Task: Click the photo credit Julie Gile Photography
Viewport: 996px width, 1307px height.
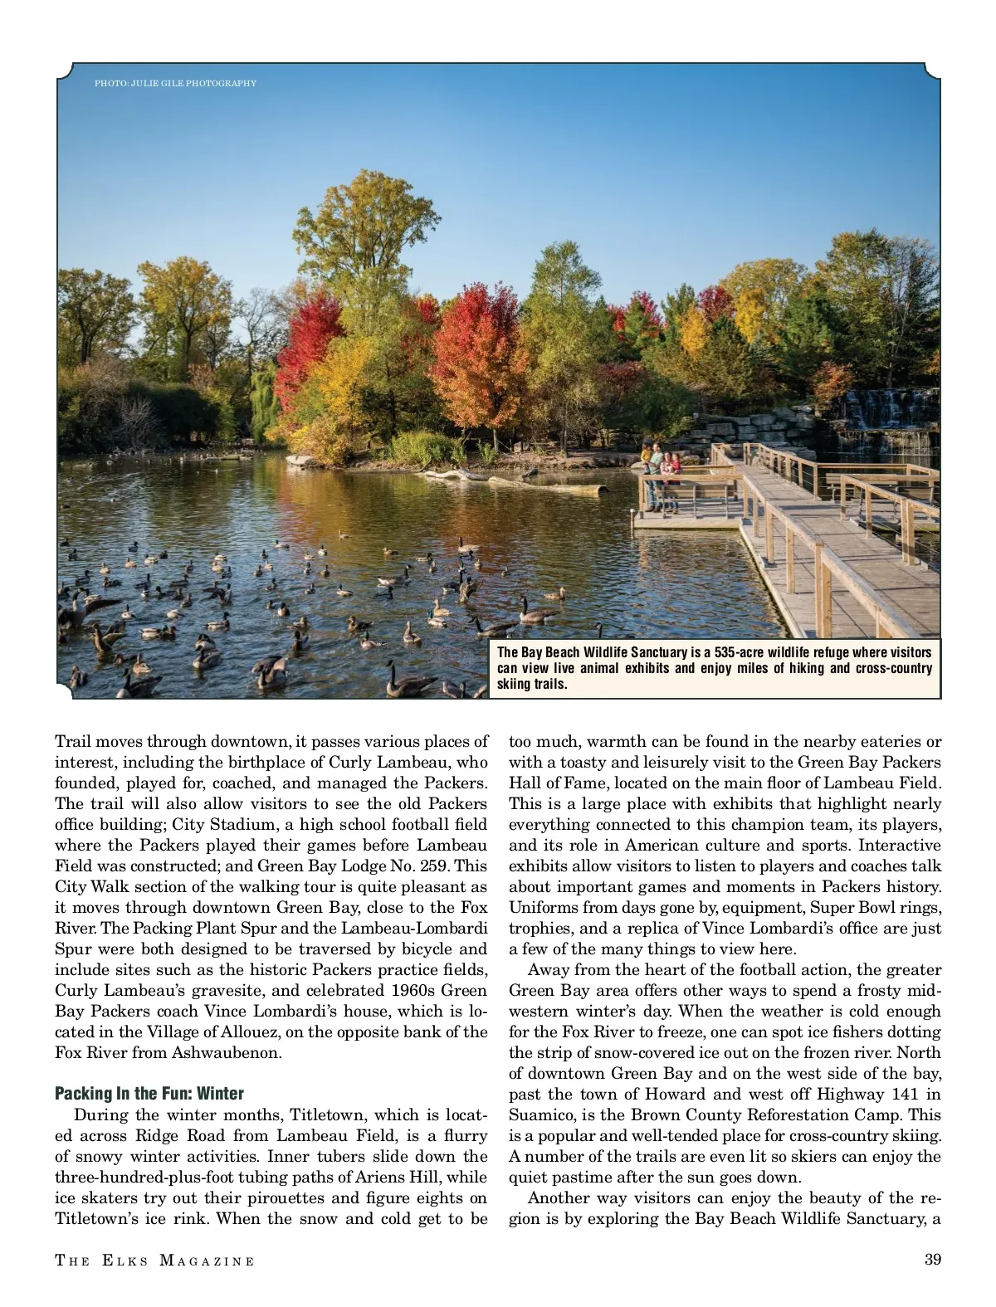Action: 175,83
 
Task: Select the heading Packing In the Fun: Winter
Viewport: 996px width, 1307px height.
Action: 149,1093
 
